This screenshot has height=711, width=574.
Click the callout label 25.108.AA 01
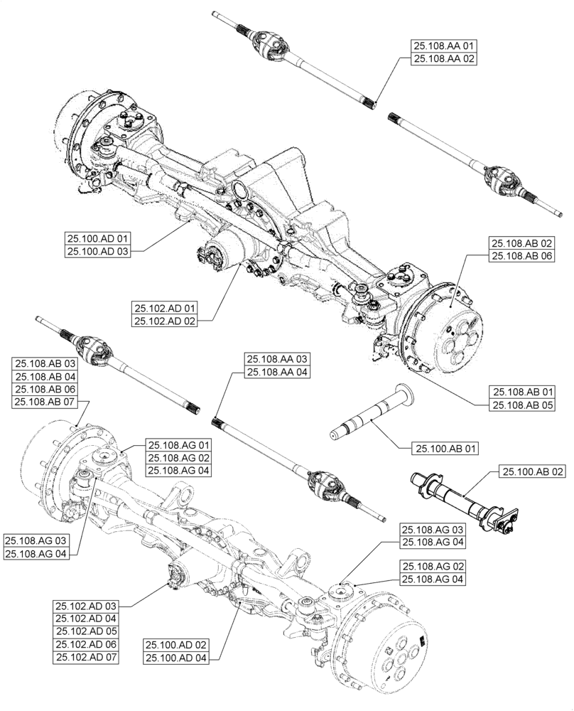click(x=443, y=46)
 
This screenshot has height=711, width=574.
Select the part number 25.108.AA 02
click(x=443, y=59)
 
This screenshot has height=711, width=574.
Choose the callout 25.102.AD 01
click(x=165, y=309)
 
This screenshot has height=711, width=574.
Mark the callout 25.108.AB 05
click(x=523, y=405)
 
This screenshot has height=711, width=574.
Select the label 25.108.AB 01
click(x=523, y=392)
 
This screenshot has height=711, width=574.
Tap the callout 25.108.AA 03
click(x=277, y=359)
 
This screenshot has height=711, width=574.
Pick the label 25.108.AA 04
click(x=277, y=372)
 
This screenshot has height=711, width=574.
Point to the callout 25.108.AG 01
click(x=178, y=445)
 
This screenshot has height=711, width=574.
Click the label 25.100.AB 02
click(x=534, y=471)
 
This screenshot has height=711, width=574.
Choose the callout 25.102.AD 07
click(x=86, y=656)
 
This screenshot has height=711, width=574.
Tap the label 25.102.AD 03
click(x=86, y=605)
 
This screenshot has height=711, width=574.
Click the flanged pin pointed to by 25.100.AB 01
click(x=369, y=417)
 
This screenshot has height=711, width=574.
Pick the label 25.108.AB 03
click(x=47, y=363)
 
